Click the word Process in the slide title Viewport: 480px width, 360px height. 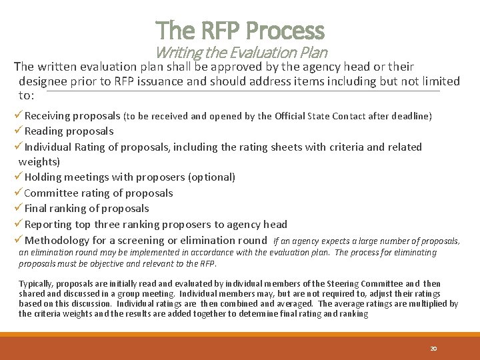coord(285,30)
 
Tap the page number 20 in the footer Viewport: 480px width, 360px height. coord(433,348)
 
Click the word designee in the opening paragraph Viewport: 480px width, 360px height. coord(42,81)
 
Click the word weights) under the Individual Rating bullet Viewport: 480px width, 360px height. coord(39,162)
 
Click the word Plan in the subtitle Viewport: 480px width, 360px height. coord(313,53)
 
